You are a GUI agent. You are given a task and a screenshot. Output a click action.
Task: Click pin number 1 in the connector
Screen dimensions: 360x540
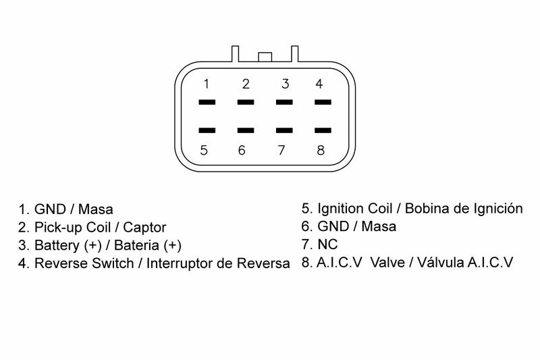coord(207,84)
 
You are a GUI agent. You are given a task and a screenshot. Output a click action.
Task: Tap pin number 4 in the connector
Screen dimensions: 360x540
coord(319,84)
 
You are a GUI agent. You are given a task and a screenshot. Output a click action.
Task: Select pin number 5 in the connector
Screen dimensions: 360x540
coord(205,150)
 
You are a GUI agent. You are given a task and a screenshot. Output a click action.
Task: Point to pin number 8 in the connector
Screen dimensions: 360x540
coord(321,150)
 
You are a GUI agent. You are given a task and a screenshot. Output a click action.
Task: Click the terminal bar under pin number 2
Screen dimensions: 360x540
coord(246,103)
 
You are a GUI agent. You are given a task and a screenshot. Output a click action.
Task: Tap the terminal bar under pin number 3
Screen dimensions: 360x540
coord(285,103)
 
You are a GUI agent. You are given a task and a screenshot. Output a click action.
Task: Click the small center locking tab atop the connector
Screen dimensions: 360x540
coord(265,56)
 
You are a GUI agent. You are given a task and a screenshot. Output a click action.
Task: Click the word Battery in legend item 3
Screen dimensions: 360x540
coord(57,245)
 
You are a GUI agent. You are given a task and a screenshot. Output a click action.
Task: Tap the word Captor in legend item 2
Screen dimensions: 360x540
coord(144,228)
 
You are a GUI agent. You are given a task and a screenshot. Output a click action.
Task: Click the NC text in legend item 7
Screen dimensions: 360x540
coord(327,245)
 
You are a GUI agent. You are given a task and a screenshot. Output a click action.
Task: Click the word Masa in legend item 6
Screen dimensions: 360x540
coord(379,227)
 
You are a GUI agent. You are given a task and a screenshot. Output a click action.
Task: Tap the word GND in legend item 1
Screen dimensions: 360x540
coord(48,209)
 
